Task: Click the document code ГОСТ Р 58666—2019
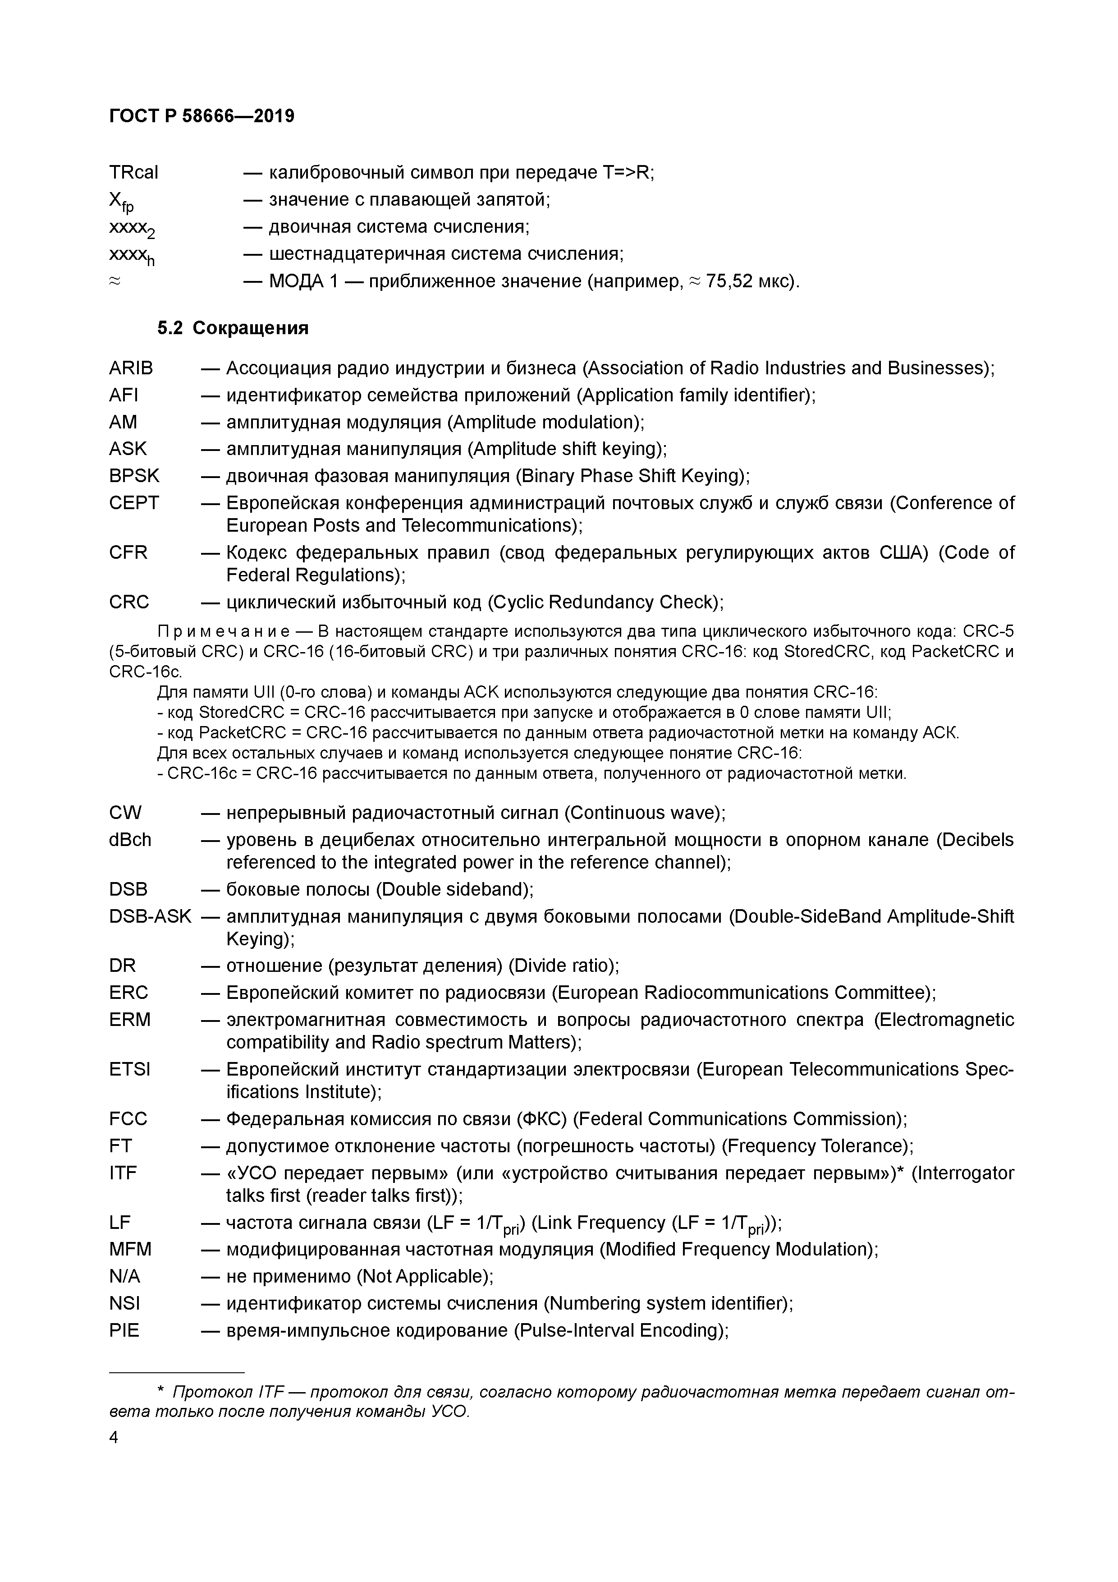201,116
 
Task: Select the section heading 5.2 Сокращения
233,328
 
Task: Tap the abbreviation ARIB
131,368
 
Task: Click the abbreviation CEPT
133,503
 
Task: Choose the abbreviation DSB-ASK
150,916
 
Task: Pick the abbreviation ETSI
129,1069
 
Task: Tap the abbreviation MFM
130,1249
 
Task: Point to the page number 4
114,1437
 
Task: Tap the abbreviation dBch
130,840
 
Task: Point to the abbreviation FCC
128,1119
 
